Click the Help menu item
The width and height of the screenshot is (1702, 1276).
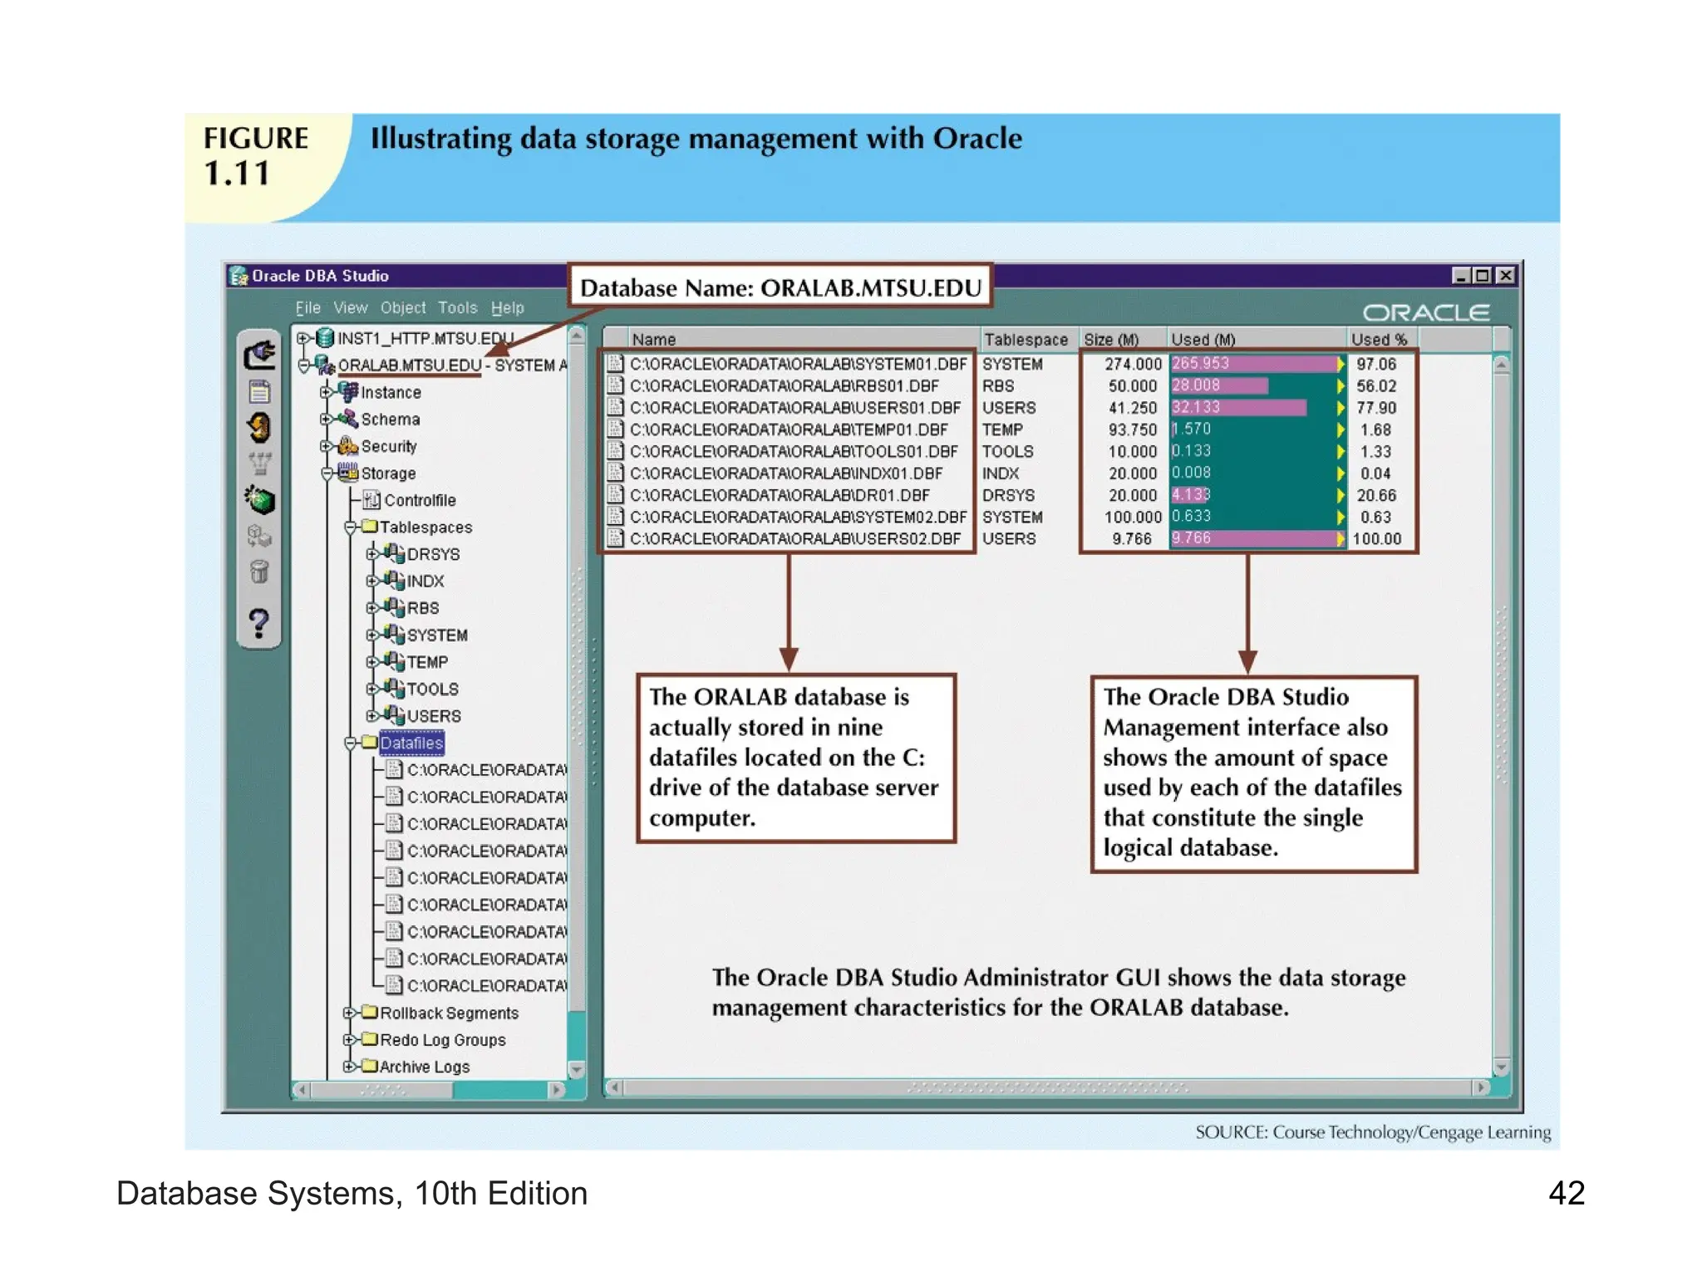coord(507,308)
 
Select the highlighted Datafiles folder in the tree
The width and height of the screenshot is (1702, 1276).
coord(411,743)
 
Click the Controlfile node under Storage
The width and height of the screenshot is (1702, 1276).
coord(419,500)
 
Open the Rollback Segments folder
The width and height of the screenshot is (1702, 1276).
coord(449,1013)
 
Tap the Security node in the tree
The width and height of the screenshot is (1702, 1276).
coord(388,446)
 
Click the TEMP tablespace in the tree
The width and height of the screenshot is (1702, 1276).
coord(427,662)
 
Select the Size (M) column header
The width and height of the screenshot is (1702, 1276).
coord(1111,339)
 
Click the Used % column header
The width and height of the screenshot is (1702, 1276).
coord(1378,339)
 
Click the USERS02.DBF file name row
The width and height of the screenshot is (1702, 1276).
coord(794,538)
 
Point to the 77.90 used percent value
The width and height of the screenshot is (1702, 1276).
coord(1376,408)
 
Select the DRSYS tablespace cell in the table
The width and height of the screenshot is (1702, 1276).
coord(1008,495)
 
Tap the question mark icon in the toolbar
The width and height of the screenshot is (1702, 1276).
coord(258,622)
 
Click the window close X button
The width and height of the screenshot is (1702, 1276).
coord(1505,276)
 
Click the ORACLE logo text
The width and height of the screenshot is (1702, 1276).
coord(1425,312)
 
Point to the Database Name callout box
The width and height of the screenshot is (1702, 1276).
coord(780,287)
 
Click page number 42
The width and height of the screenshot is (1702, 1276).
coord(1566,1193)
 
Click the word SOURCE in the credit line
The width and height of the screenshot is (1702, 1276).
coord(1230,1132)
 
